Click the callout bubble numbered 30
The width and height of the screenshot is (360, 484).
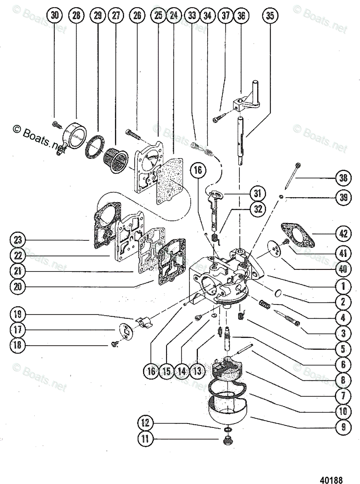(55, 16)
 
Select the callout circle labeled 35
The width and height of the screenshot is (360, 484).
(270, 16)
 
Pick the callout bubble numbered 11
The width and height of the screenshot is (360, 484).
(146, 439)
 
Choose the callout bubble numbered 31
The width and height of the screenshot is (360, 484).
(257, 193)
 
